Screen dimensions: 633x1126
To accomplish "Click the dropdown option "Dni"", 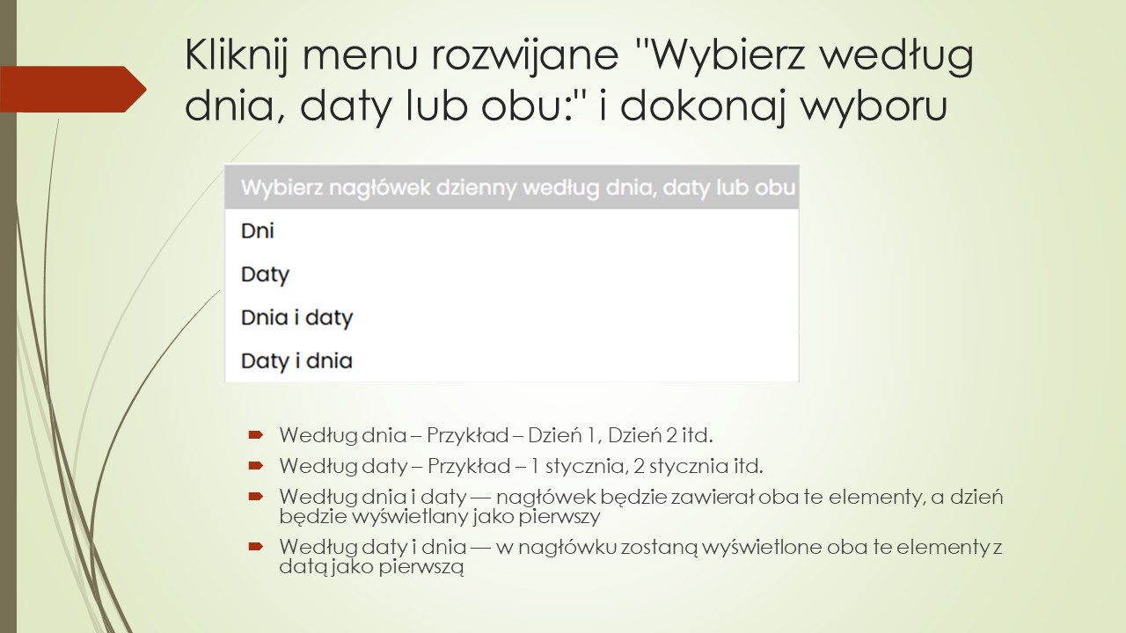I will tap(258, 231).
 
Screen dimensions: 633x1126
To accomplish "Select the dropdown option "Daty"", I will tap(265, 274).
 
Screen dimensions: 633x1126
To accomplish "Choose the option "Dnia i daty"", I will tap(296, 317).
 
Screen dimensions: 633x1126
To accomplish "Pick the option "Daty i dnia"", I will tap(296, 360).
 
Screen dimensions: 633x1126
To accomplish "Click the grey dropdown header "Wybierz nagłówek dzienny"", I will tap(511, 187).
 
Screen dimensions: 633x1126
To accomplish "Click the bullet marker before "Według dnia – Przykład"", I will tap(255, 434).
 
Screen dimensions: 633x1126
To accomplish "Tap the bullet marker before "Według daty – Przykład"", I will tap(255, 464).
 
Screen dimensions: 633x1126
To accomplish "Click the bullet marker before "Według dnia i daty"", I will tap(255, 497).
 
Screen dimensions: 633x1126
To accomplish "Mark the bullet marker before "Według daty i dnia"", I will tap(255, 547).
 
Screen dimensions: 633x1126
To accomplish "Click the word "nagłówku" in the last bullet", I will tap(560, 548).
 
